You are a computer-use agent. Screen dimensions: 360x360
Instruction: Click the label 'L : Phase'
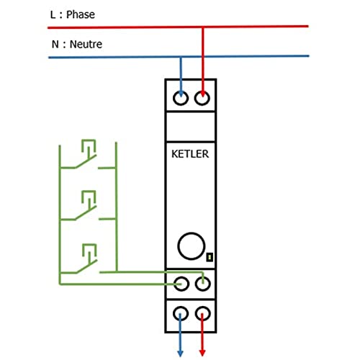[73, 14]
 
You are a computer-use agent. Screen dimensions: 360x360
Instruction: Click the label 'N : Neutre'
[76, 44]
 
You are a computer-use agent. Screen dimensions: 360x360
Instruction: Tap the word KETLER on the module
[191, 153]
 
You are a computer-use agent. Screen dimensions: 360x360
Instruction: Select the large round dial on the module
[191, 246]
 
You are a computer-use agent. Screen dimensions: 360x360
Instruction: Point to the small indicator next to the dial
[209, 256]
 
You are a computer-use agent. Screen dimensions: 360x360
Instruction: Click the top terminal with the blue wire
[180, 96]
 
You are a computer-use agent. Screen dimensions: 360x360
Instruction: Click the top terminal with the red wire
[204, 96]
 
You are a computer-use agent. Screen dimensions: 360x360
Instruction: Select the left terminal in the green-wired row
[180, 284]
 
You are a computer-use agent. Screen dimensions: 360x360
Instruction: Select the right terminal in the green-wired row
[204, 284]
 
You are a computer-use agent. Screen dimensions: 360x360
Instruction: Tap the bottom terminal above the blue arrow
[180, 313]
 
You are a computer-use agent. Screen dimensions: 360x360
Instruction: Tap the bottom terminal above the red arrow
[204, 313]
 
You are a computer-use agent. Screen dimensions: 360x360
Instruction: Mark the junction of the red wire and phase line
[204, 27]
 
